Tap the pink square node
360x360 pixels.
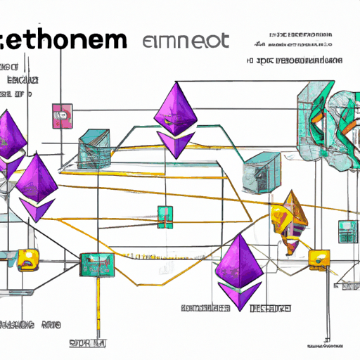pyautogui.click(x=62, y=113)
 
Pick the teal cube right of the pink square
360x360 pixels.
pyautogui.click(x=94, y=147)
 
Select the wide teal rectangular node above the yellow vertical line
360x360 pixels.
pyautogui.click(x=94, y=264)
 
